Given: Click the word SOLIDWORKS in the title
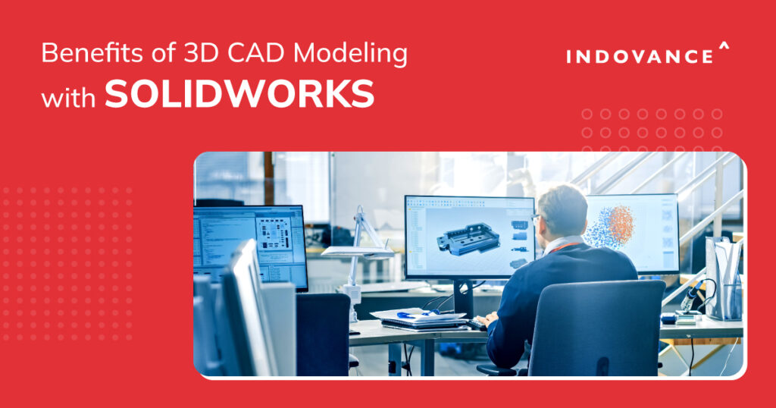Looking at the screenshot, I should (239, 96).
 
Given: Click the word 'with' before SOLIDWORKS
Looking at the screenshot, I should (69, 98).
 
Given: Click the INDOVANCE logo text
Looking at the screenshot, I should (640, 57).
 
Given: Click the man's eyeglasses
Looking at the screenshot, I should (537, 218).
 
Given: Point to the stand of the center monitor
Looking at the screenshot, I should (463, 297).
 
